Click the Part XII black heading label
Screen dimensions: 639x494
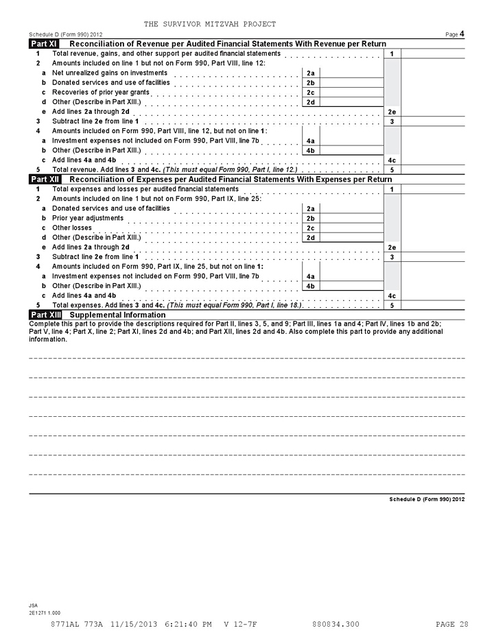point(45,180)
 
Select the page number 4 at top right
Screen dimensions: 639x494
point(462,34)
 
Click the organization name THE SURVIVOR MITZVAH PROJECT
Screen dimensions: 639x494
point(210,24)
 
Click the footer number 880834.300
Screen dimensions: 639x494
point(336,624)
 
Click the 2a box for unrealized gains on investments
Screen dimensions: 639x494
point(311,73)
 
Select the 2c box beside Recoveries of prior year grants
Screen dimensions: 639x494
point(311,93)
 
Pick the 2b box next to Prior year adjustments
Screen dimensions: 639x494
point(311,218)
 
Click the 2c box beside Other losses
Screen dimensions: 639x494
point(311,228)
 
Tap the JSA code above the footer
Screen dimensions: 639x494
point(33,605)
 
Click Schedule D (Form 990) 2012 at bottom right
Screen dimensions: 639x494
point(427,499)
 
